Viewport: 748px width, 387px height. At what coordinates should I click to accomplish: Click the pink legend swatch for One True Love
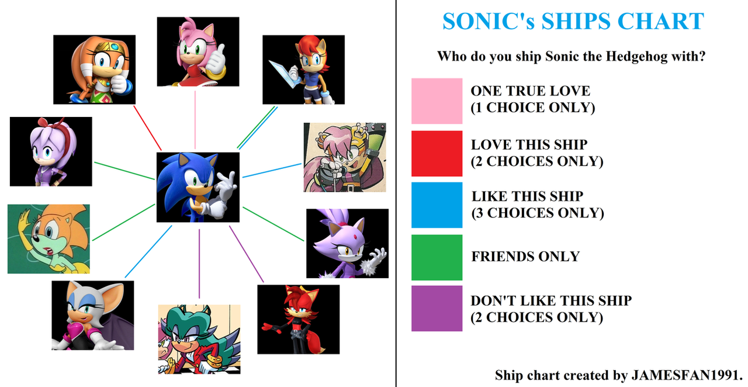[437, 101]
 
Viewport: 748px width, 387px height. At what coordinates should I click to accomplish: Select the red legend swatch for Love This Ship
[437, 153]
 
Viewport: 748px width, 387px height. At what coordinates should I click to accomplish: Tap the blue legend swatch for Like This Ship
[437, 205]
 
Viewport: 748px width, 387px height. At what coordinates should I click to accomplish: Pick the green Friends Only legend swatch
[437, 257]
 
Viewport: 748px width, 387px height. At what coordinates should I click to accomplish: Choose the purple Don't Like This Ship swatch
[437, 309]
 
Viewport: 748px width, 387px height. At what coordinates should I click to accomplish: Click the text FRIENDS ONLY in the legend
[525, 257]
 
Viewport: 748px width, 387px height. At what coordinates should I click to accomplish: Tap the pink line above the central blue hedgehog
[195, 120]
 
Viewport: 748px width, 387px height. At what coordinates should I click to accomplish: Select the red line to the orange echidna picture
[147, 128]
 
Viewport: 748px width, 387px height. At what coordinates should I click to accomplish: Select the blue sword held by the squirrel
[282, 74]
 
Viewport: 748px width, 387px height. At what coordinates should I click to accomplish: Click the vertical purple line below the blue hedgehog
[199, 264]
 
